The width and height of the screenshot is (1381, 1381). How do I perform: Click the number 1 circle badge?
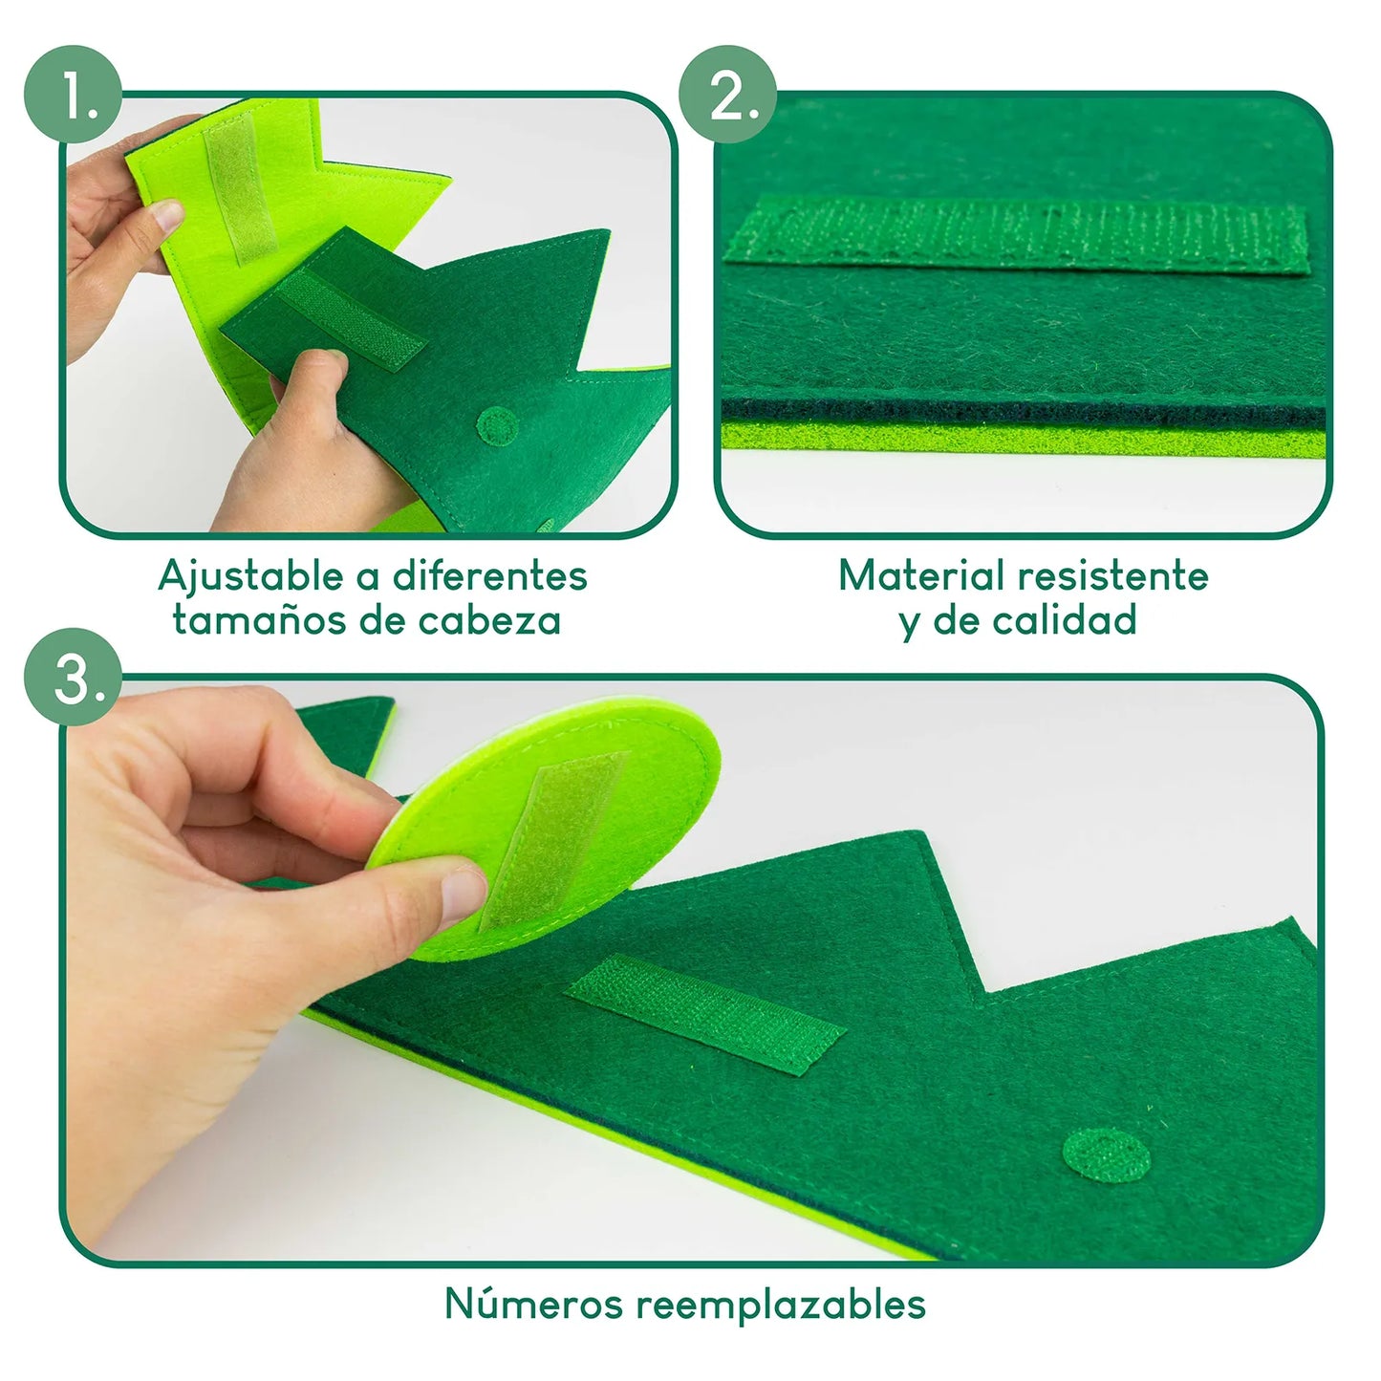(x=73, y=94)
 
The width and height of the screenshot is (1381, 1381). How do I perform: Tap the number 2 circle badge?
(x=727, y=94)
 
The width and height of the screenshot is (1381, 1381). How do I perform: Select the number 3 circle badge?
(x=73, y=678)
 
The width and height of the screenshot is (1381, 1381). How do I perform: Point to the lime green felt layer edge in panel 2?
(x=1023, y=439)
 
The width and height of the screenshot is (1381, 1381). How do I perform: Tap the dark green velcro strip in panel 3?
(x=705, y=1014)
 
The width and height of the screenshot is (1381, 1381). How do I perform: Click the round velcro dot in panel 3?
(x=1107, y=1154)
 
